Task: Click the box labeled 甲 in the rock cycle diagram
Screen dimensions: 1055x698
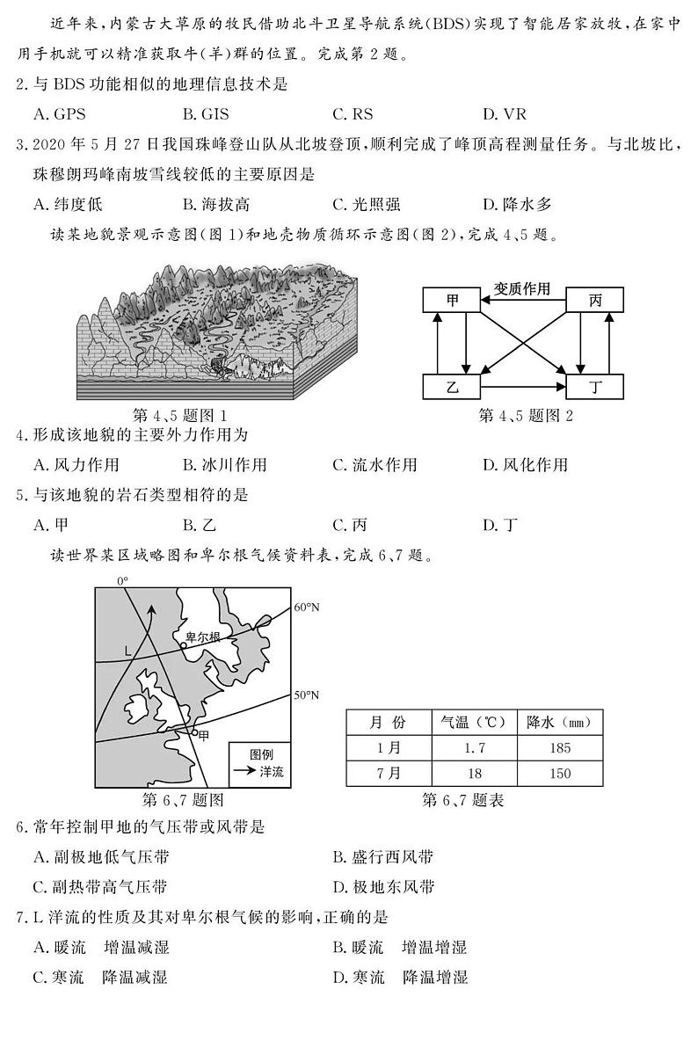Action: click(452, 300)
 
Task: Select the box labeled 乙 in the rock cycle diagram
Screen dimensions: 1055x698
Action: click(452, 387)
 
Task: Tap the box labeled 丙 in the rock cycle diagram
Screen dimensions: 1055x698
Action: click(595, 300)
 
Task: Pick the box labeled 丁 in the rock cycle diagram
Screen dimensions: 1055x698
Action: click(595, 387)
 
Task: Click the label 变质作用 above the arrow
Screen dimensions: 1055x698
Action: click(521, 287)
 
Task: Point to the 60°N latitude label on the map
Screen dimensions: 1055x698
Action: click(307, 607)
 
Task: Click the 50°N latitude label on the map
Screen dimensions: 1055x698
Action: click(307, 695)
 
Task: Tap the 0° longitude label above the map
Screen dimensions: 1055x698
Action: click(123, 581)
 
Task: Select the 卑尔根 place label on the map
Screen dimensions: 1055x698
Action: click(202, 637)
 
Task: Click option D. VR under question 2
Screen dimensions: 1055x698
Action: click(504, 113)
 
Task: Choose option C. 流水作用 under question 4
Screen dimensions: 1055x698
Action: click(374, 465)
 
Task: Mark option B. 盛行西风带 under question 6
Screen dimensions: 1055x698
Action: click(382, 857)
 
